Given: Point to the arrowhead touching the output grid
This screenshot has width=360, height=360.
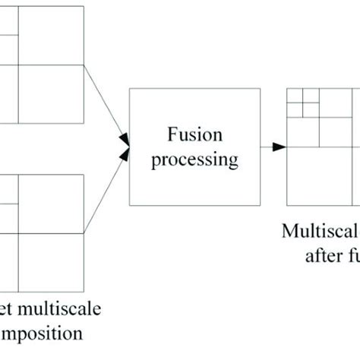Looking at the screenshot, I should (280, 146).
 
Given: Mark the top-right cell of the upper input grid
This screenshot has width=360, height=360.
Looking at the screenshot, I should (50, 35).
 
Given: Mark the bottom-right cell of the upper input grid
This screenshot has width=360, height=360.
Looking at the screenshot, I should (50, 93).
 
